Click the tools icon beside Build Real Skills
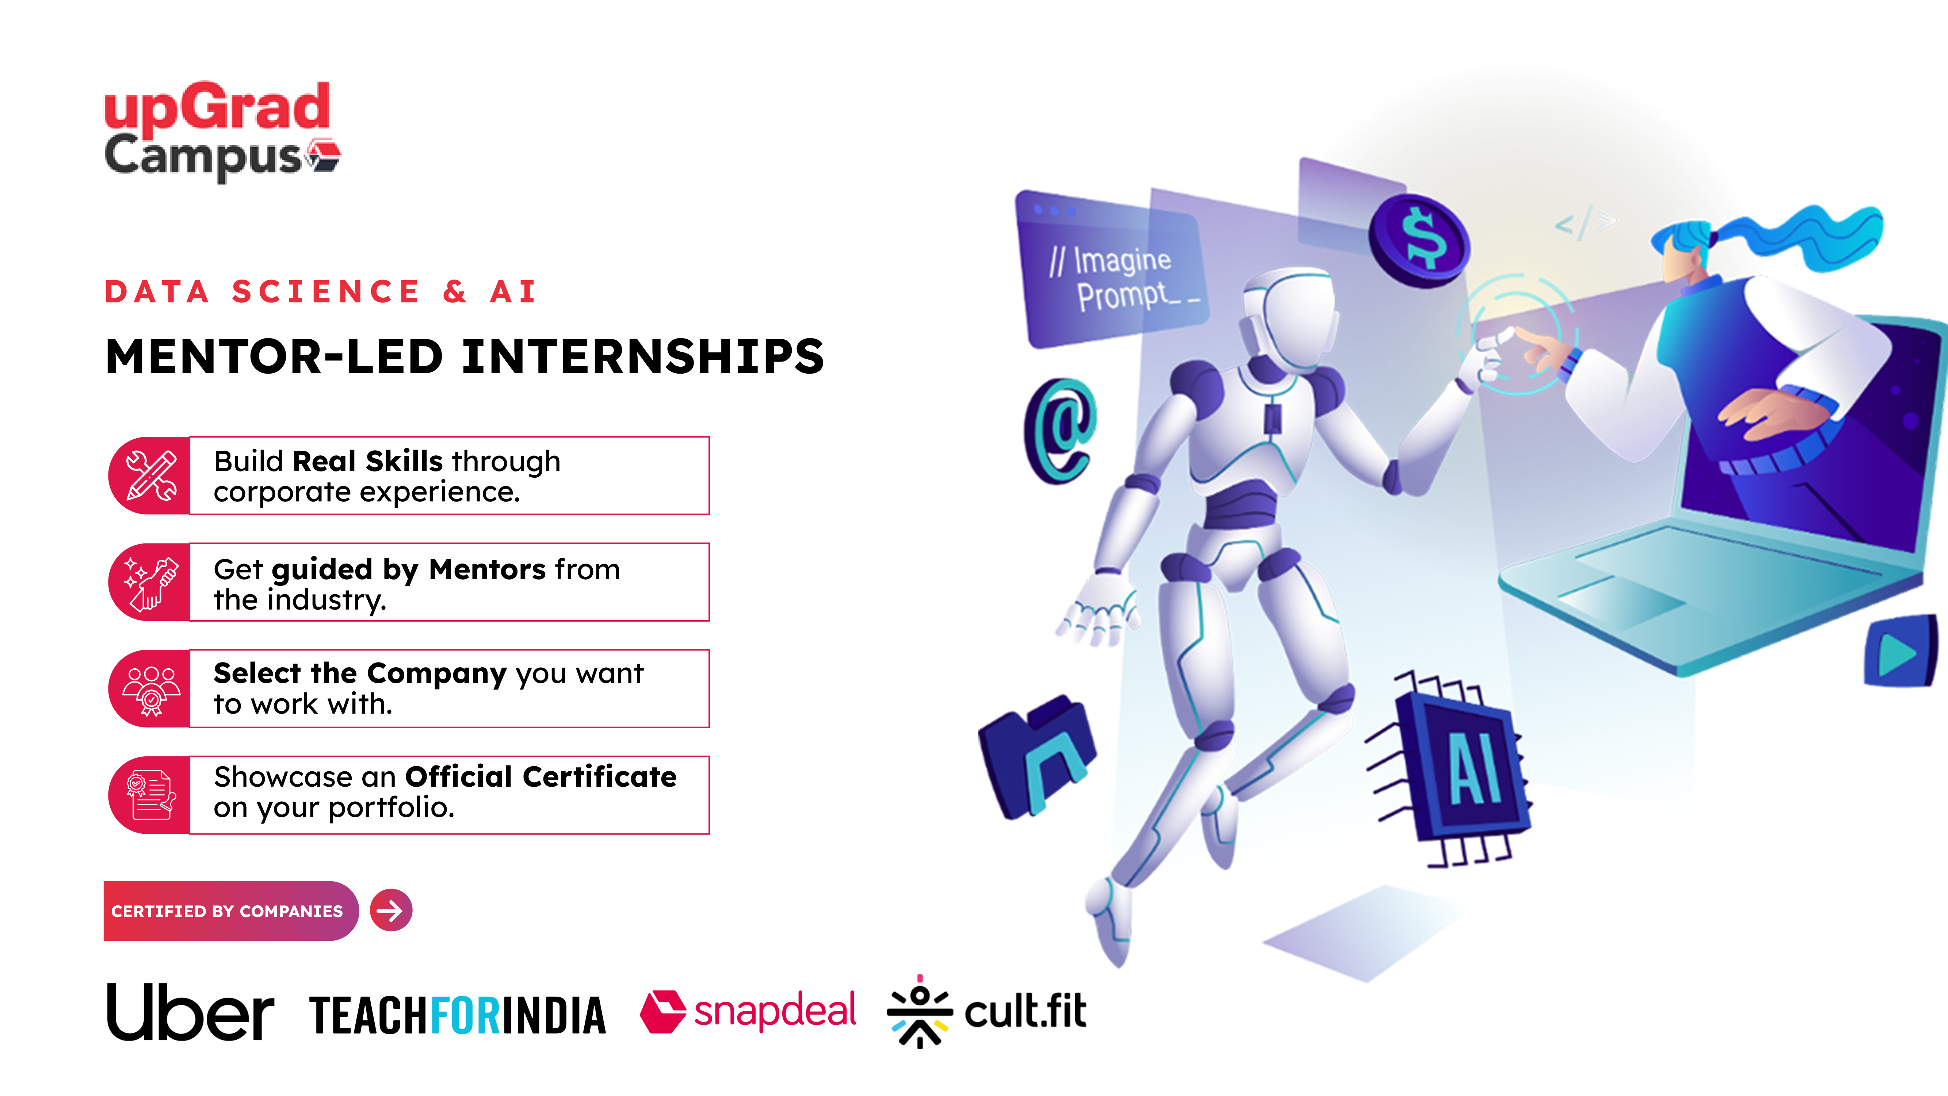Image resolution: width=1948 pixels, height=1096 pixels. pos(151,476)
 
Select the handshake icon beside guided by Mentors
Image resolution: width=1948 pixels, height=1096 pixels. pos(151,583)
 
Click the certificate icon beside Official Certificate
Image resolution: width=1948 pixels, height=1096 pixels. pos(151,795)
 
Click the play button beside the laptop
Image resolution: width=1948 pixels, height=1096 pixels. pos(1899,652)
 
